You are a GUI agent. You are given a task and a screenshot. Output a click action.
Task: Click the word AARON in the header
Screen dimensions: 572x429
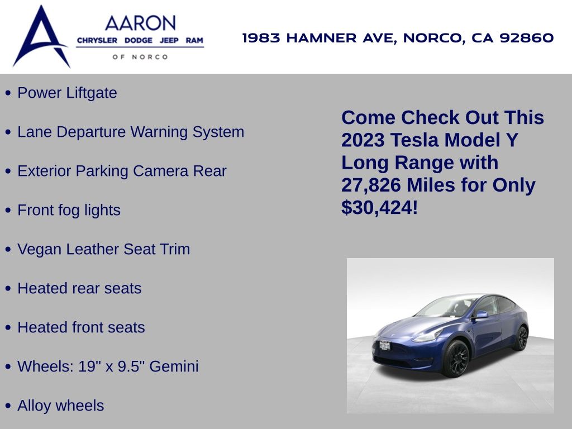pyautogui.click(x=140, y=23)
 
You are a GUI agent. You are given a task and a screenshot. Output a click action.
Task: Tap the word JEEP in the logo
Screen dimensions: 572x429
pyautogui.click(x=169, y=40)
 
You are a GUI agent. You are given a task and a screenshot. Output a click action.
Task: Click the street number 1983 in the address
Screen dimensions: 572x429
pyautogui.click(x=261, y=37)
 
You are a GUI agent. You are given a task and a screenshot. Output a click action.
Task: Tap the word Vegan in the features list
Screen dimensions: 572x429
pyautogui.click(x=40, y=250)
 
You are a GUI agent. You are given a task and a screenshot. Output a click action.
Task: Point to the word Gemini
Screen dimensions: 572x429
pyautogui.click(x=174, y=366)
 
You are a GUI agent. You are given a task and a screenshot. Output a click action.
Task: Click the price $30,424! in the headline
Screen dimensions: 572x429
pyautogui.click(x=379, y=208)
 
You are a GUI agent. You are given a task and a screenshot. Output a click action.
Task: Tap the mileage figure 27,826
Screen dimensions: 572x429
pyautogui.click(x=371, y=185)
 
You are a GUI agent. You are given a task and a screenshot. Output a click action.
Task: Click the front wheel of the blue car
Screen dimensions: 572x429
pyautogui.click(x=456, y=358)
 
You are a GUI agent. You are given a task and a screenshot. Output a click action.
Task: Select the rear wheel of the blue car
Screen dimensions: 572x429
pyautogui.click(x=522, y=338)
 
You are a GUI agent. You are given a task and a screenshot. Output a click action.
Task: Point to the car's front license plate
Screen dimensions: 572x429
pyautogui.click(x=385, y=345)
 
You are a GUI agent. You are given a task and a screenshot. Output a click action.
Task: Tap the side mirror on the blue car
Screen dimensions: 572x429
pyautogui.click(x=482, y=314)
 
